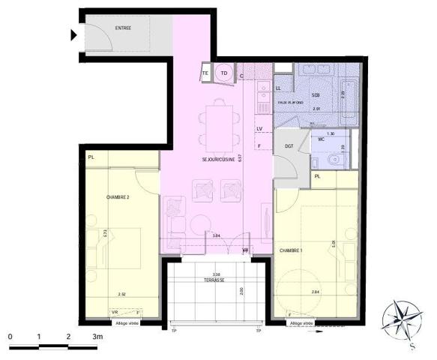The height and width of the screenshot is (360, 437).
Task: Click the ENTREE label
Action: tap(123, 28)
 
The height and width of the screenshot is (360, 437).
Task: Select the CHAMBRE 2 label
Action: tap(118, 197)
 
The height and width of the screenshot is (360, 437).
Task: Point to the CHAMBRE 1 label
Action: tap(292, 250)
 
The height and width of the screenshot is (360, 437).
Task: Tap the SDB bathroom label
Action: tap(316, 95)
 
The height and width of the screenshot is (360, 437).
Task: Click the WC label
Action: tap(320, 139)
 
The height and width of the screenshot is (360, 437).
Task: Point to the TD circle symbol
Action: tap(224, 73)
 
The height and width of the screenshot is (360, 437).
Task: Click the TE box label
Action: tap(206, 73)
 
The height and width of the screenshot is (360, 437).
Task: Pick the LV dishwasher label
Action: tap(259, 128)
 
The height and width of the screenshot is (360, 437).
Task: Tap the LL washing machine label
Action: tap(278, 88)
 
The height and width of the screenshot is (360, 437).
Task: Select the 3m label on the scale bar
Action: tap(98, 338)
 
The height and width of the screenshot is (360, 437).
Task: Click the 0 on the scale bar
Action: tap(10, 338)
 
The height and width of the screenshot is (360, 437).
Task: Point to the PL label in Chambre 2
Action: tap(91, 157)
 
